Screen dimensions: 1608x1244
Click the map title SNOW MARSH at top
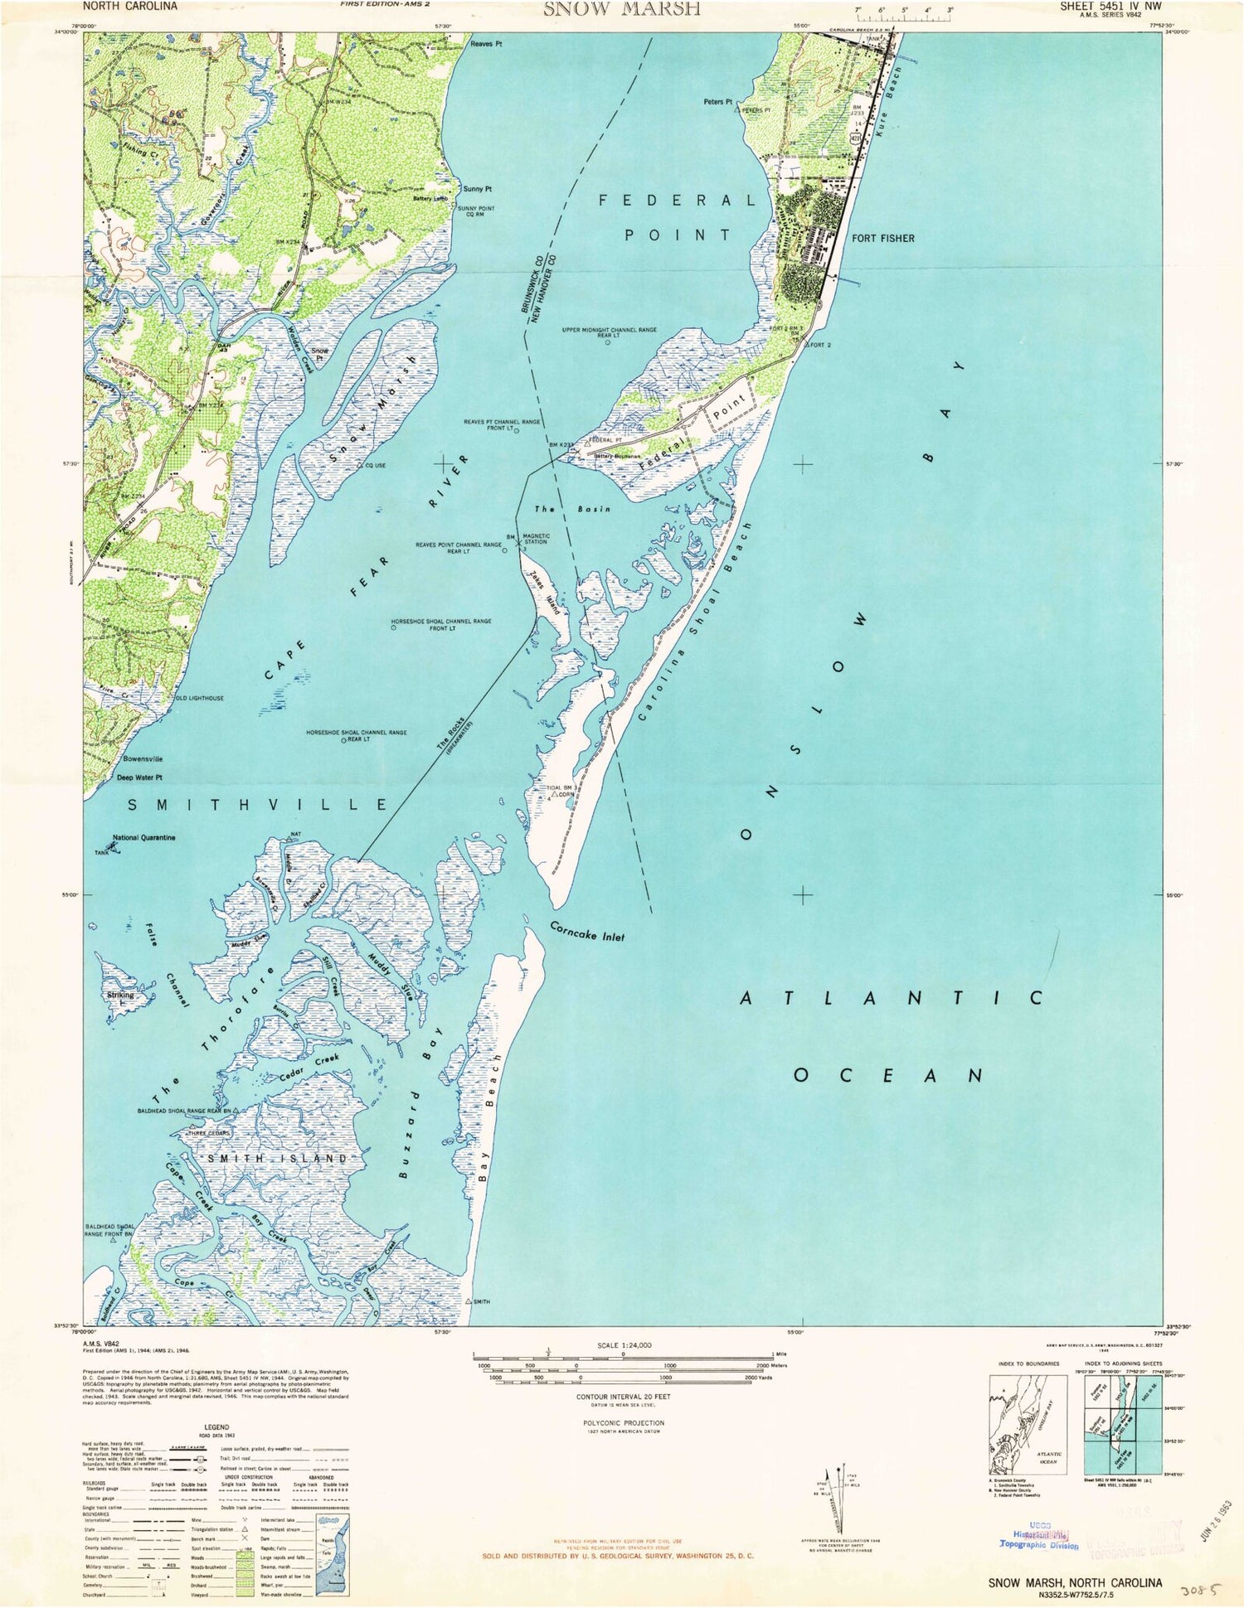click(621, 9)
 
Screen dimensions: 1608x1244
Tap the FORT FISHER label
click(882, 238)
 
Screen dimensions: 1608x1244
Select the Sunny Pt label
click(478, 189)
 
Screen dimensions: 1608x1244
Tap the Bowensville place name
click(143, 758)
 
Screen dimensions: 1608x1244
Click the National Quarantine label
click(143, 838)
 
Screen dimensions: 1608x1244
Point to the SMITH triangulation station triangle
click(469, 1301)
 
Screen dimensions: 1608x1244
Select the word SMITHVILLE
click(257, 804)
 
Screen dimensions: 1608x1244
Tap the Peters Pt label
click(717, 103)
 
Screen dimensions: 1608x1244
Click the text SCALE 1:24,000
click(624, 1345)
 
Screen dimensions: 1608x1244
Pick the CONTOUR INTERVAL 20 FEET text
click(623, 1397)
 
